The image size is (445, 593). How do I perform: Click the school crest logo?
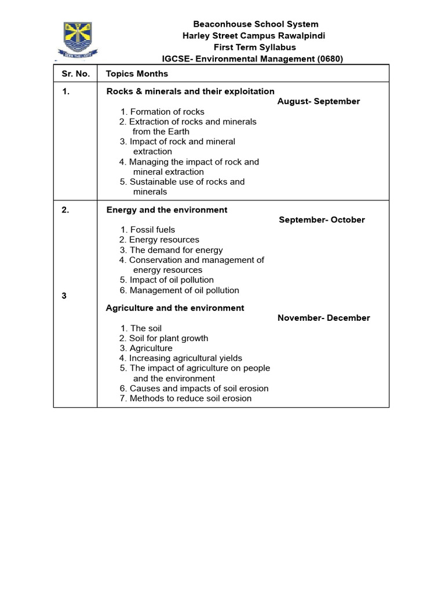[x=77, y=40]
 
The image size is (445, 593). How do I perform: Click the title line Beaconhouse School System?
[x=256, y=24]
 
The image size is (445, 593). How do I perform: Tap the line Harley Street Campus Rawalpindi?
[x=254, y=36]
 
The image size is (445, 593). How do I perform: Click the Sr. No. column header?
[x=75, y=74]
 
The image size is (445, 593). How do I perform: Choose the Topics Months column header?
[x=137, y=74]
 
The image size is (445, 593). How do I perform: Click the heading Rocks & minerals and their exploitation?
[x=190, y=91]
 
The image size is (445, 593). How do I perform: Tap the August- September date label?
[x=319, y=101]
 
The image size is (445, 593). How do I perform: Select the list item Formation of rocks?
[x=163, y=112]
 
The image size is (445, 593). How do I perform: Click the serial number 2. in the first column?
[x=65, y=210]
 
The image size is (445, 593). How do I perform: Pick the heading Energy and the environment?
[x=167, y=210]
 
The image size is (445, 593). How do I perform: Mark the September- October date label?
[x=322, y=220]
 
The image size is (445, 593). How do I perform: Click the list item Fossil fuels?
[x=148, y=230]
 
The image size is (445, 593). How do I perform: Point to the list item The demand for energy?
[x=172, y=250]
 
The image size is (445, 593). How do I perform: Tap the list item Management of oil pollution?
[x=179, y=290]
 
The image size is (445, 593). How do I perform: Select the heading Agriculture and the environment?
[x=175, y=308]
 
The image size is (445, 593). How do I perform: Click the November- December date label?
[x=323, y=318]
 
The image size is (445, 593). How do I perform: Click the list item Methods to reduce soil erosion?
[x=185, y=398]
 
